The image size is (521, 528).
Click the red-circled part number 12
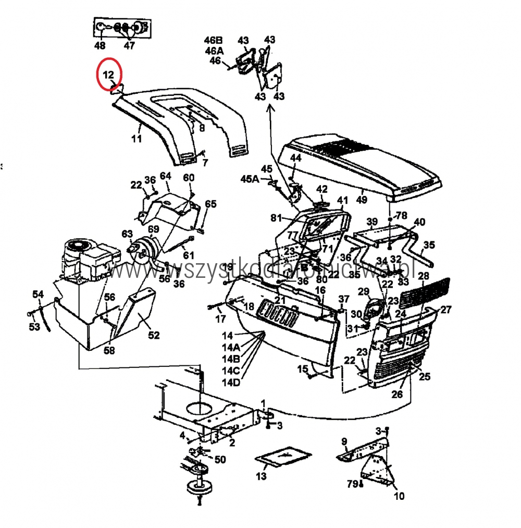[108, 75]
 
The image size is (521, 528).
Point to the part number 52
[154, 335]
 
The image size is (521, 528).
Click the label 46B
[214, 41]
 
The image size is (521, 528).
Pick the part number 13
[261, 476]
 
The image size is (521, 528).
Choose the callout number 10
[399, 496]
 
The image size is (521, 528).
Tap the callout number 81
[276, 217]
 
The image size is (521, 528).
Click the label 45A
[250, 179]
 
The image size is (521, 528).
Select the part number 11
[136, 139]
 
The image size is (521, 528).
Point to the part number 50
[220, 459]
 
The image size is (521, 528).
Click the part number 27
[446, 310]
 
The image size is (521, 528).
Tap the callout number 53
[34, 327]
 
